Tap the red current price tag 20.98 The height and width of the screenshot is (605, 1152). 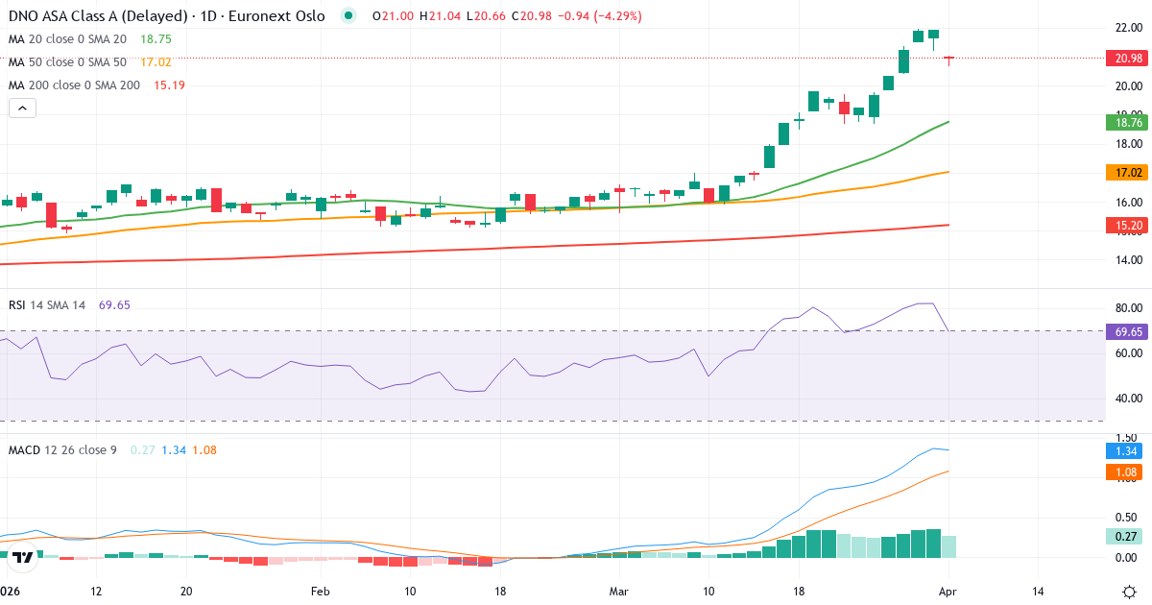click(1129, 59)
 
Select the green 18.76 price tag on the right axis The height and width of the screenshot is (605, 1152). click(1129, 122)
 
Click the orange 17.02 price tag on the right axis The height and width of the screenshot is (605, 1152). click(1129, 173)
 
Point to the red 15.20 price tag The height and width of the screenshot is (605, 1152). click(1129, 226)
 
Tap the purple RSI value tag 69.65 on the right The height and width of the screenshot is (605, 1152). click(1129, 331)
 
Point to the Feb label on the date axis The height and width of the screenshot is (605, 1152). click(320, 591)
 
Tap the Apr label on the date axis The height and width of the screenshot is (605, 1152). click(948, 591)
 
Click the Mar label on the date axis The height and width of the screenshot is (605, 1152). click(618, 591)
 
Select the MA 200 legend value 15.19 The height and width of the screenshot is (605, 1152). click(169, 85)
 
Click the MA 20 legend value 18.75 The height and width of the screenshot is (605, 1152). click(156, 39)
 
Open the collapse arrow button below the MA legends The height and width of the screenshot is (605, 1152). click(22, 109)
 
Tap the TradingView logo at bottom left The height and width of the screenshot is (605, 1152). click(24, 557)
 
